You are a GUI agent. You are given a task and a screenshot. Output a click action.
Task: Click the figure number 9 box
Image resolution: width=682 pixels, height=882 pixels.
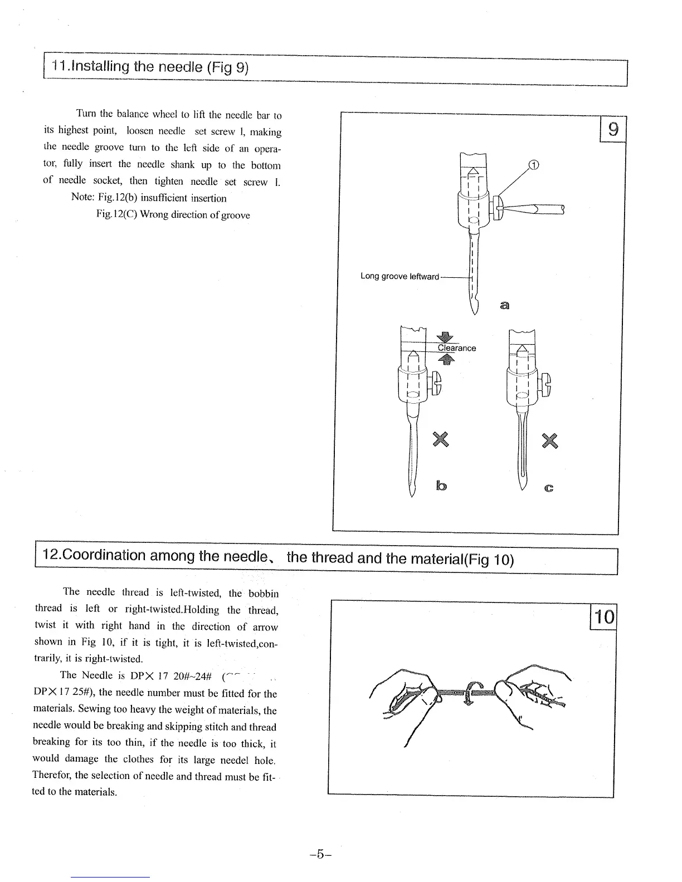(x=613, y=130)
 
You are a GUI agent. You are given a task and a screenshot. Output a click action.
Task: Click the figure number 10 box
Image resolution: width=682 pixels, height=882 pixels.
(x=604, y=617)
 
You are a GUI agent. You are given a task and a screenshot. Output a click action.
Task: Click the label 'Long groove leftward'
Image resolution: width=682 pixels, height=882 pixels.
(x=400, y=277)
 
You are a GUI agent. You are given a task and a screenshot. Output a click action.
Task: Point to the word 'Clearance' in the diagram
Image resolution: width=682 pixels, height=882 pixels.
(x=457, y=348)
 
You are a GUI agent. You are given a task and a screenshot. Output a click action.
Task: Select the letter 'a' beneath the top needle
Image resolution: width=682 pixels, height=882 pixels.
(x=505, y=305)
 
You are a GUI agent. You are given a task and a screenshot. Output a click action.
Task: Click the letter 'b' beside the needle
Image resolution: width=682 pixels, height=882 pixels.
(x=441, y=486)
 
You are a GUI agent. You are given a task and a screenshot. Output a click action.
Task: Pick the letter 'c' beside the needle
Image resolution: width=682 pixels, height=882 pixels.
(x=549, y=488)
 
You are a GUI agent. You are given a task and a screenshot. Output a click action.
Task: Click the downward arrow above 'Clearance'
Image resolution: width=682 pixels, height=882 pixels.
(x=444, y=337)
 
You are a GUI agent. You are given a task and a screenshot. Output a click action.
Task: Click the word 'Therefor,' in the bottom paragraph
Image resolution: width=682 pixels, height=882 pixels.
(x=52, y=775)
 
